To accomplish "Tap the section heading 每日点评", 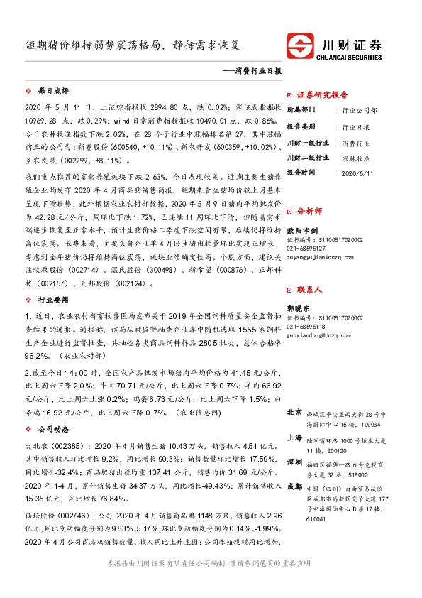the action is point(52,92).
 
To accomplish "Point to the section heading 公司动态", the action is point(52,429).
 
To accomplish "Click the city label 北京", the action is point(294,412).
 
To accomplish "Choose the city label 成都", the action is point(294,486).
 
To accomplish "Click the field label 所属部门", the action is point(303,110).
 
